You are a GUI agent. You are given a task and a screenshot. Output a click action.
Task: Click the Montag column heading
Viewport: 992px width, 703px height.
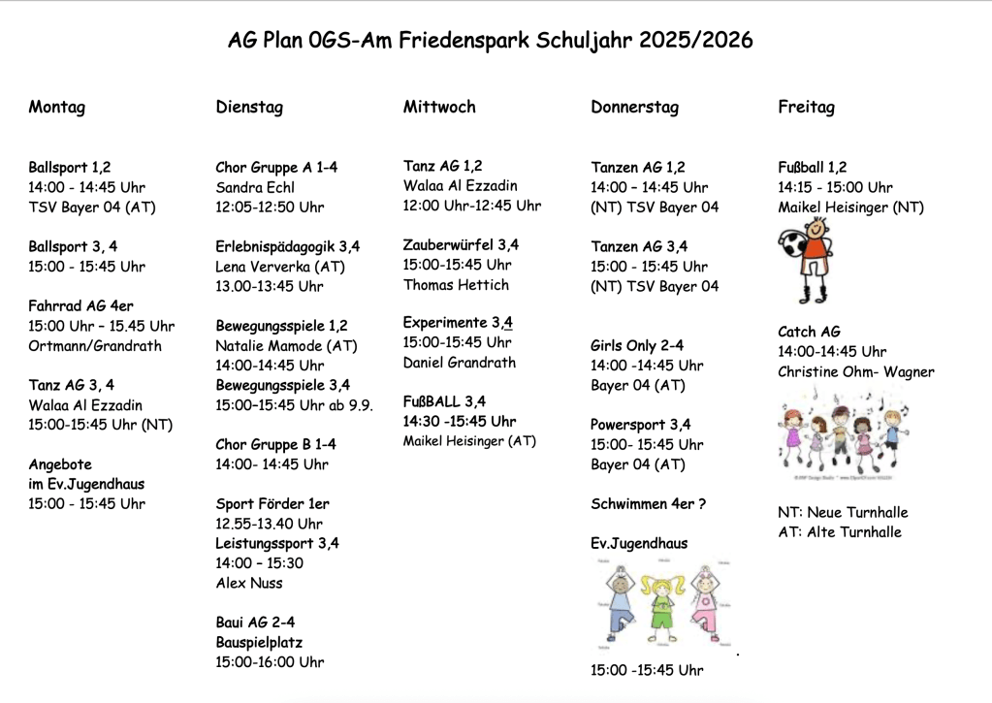56,107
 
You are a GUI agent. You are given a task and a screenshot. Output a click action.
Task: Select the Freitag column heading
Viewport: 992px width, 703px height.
806,107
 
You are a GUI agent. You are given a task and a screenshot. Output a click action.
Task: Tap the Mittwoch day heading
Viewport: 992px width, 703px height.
439,107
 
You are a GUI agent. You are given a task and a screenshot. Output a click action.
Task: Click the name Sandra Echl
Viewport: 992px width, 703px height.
255,187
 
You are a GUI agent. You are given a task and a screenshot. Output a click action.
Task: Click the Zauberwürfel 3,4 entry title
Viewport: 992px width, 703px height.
461,244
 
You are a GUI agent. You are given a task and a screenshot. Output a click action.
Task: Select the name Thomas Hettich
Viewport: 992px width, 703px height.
456,284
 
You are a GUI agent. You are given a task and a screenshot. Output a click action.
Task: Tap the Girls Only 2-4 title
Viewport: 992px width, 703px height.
637,345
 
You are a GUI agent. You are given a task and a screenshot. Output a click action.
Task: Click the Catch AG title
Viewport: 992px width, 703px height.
809,332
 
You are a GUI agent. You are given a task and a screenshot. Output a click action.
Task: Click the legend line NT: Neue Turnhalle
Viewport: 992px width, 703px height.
843,512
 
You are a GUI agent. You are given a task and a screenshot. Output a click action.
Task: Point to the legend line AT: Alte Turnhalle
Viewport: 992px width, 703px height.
840,531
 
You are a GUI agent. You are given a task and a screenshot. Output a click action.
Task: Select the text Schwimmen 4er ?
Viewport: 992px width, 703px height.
649,503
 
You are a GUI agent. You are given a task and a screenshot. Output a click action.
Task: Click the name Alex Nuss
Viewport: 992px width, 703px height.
249,583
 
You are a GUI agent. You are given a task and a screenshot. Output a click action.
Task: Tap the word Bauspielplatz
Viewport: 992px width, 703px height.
259,642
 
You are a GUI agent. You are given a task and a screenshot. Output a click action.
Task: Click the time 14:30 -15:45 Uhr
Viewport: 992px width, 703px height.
460,421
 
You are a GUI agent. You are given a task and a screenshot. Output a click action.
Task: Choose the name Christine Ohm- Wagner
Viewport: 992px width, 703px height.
855,371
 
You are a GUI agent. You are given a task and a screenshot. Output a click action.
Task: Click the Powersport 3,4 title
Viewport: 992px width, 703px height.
641,424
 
